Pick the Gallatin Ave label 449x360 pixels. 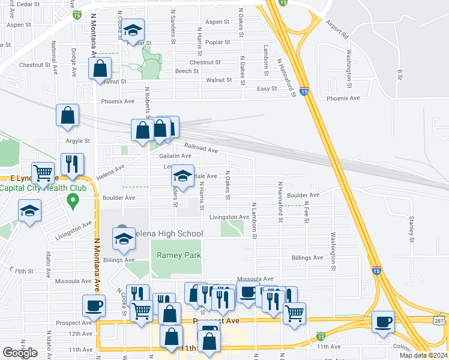coord(175,156)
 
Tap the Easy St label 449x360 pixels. coord(267,89)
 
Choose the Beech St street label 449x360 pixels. coord(187,71)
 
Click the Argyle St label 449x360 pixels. coord(77,141)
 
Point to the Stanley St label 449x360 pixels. coord(412,226)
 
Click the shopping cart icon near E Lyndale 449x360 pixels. coord(43,173)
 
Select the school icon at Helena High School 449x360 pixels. coord(123,239)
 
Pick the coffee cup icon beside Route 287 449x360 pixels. coord(383,321)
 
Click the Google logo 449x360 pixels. coord(20,353)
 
